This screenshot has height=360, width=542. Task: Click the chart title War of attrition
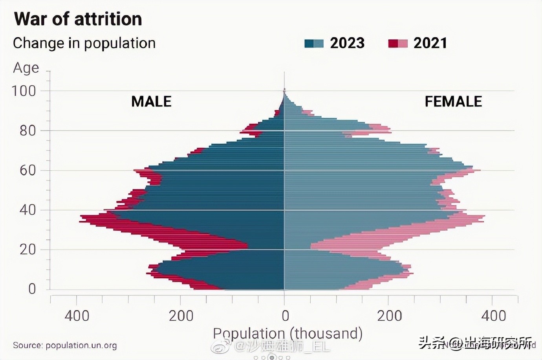pos(78,19)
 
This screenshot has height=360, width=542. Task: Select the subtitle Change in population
pos(84,43)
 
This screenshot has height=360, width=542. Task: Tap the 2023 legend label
pos(347,43)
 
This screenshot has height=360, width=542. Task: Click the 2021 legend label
pos(430,43)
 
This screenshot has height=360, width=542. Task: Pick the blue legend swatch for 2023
pos(314,43)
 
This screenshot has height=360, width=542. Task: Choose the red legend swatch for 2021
pos(397,43)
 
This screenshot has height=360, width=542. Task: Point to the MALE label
pos(151,101)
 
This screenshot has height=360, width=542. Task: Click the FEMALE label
pos(453,101)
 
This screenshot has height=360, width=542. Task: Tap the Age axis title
pos(26,68)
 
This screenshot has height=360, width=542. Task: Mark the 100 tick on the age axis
pos(24,91)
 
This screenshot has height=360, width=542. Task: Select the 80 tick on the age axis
pos(27,131)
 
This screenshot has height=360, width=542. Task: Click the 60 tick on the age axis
pos(27,171)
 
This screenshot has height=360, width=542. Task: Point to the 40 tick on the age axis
pos(27,210)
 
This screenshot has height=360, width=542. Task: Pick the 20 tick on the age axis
pos(27,250)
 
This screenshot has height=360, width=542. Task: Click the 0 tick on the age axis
pos(32,289)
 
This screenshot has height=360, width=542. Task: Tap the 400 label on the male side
pos(77,316)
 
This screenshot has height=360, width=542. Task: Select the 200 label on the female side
pos(389,316)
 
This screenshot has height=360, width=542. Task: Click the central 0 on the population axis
pos(285,316)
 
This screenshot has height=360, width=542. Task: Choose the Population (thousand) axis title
pos(287,333)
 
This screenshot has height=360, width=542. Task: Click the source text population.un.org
pos(65,345)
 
